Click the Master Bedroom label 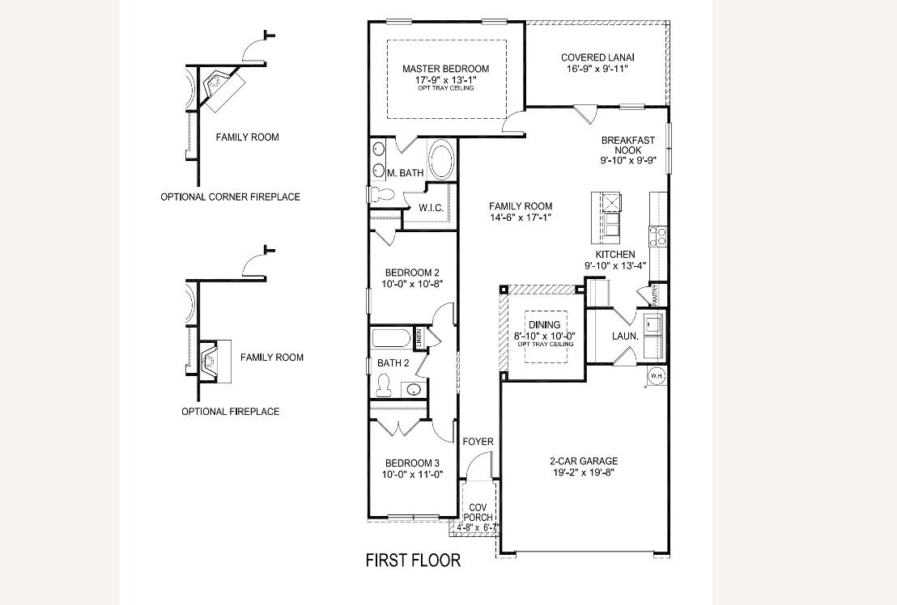(x=445, y=69)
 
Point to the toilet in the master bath (x=379, y=192)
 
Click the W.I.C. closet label (x=431, y=208)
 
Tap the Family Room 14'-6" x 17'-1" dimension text (x=521, y=217)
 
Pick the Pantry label (x=655, y=294)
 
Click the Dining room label (x=544, y=325)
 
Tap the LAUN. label (x=625, y=336)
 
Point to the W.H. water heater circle (x=656, y=376)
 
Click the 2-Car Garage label (x=584, y=461)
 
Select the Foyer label (x=478, y=442)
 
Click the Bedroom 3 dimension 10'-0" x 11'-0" (x=412, y=474)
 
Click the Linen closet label (x=419, y=338)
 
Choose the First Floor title (x=413, y=560)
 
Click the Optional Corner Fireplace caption (x=230, y=197)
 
